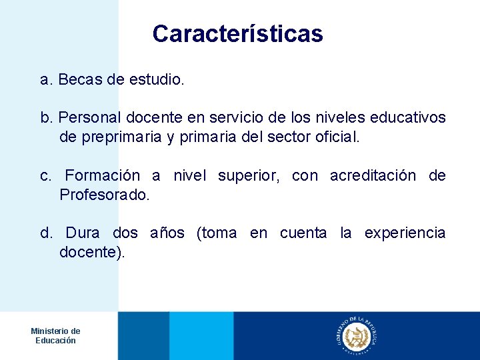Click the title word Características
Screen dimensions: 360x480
coord(237,34)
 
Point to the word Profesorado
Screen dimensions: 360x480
coord(105,195)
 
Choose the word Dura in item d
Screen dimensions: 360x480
coord(83,233)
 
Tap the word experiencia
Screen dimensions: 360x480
coord(405,233)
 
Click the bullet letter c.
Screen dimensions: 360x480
coord(45,176)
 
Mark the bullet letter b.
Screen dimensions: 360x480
coord(45,119)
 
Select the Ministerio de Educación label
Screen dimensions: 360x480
coord(55,336)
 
